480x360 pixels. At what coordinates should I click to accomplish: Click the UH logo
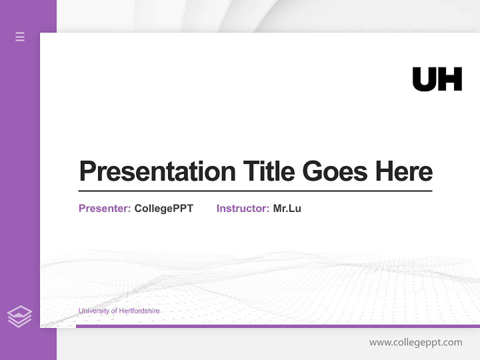437,79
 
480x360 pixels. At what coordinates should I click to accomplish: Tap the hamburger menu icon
20,36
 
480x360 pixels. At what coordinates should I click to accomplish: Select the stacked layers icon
19,316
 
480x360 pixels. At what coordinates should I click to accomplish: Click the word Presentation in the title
157,171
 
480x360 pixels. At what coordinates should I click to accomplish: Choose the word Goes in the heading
335,171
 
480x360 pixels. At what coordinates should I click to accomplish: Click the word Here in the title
404,171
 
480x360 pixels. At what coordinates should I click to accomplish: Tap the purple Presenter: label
104,208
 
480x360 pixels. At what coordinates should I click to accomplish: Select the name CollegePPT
163,208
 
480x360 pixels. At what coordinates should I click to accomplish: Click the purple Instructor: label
242,208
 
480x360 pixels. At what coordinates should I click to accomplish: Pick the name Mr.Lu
287,208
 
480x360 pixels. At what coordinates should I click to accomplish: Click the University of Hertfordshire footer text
119,311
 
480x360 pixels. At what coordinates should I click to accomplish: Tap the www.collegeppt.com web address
415,342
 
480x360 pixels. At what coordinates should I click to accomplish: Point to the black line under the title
255,191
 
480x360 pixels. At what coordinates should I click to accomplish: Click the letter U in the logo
424,79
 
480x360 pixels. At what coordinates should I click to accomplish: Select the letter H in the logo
450,79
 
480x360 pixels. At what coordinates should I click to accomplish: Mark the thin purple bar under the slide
277,326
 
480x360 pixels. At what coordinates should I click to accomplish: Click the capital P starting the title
87,171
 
